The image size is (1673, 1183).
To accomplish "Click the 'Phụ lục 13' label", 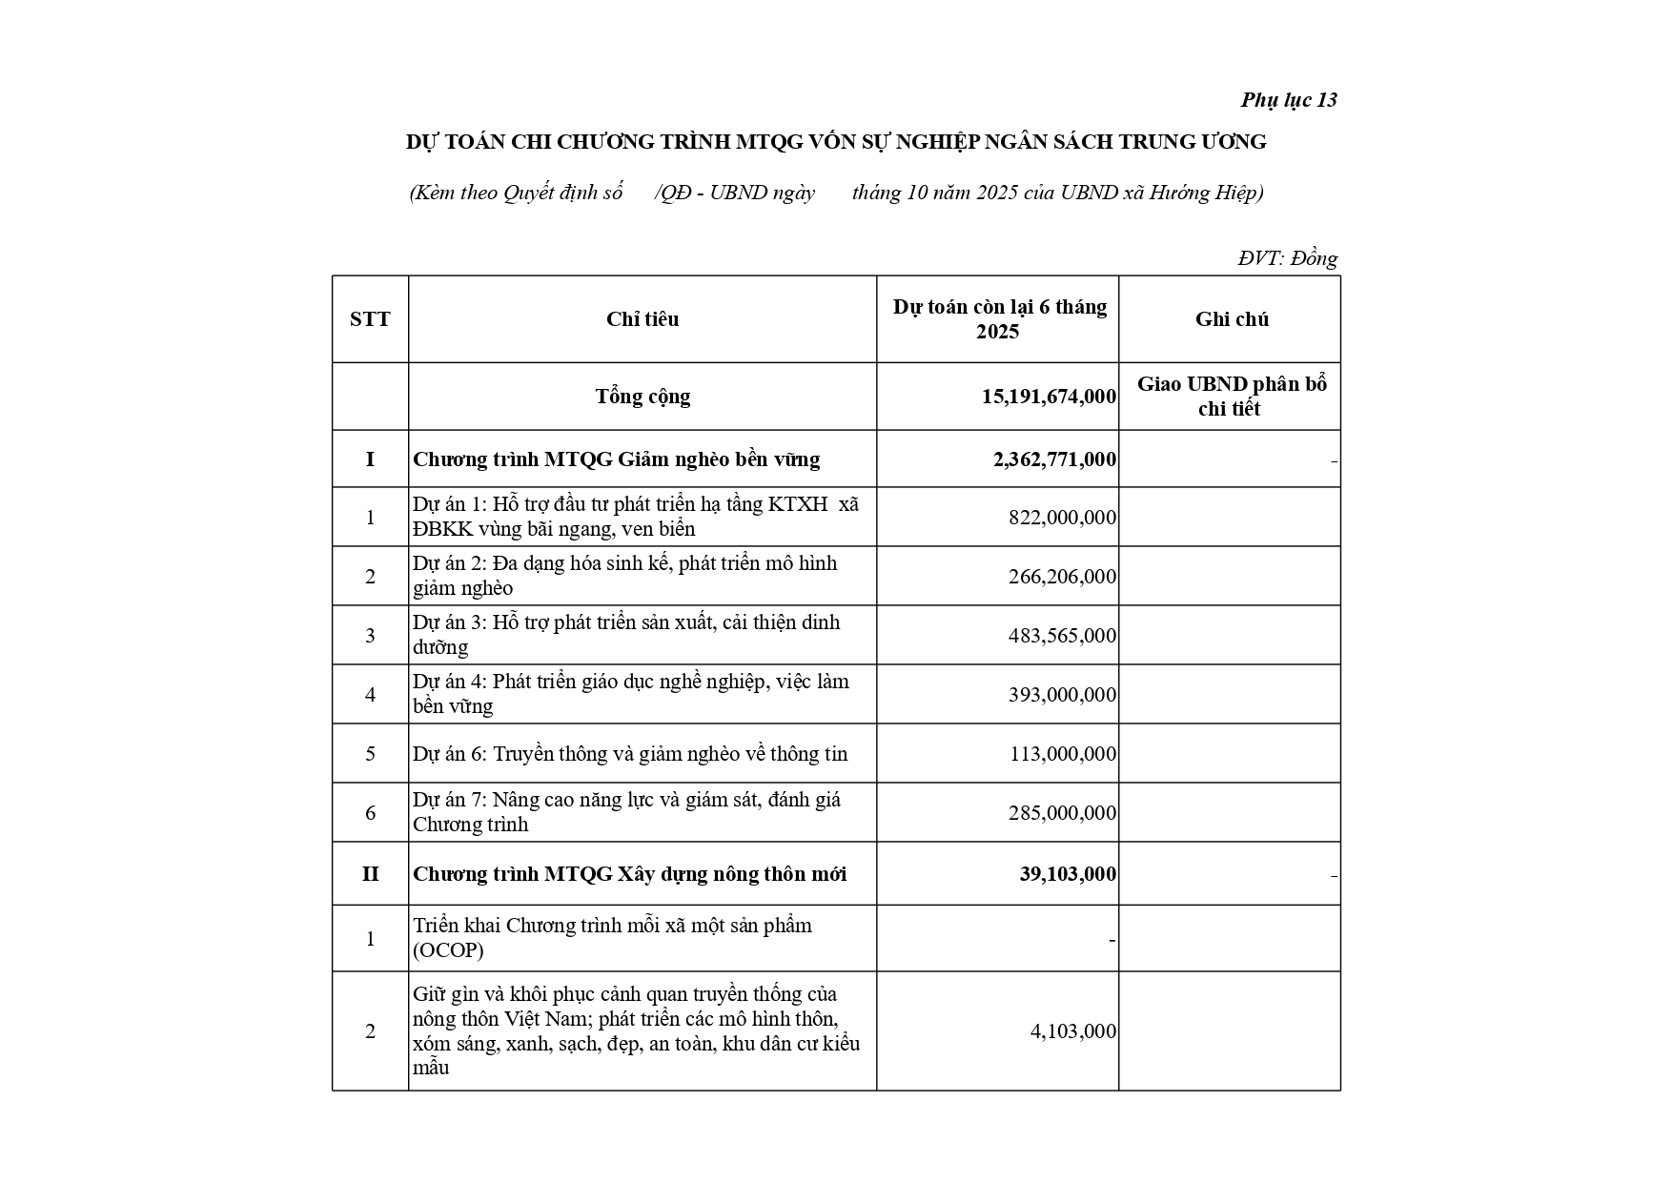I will [x=1288, y=100].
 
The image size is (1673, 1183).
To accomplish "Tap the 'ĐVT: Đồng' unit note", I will [x=1287, y=258].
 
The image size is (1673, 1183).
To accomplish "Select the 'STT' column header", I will [x=370, y=319].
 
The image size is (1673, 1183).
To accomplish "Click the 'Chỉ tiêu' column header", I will [x=643, y=319].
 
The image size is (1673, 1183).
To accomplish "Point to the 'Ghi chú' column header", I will [x=1231, y=319].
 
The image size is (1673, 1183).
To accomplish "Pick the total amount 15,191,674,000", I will [x=1049, y=397].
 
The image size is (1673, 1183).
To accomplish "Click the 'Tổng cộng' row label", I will [x=643, y=397].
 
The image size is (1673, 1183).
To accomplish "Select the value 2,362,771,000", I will [x=1054, y=459].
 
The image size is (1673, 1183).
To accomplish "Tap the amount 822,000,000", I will [x=1062, y=518].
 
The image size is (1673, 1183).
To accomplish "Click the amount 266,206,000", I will [x=1062, y=577].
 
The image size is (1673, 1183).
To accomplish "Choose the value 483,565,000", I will [x=1062, y=636].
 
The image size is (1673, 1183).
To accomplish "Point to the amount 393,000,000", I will [x=1062, y=695].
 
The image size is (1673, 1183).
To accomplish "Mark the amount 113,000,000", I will [x=1062, y=754].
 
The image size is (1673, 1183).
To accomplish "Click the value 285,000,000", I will [x=1062, y=813].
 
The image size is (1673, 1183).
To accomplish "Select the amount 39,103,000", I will [x=1068, y=874].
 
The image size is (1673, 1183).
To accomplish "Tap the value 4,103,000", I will [x=1072, y=1031].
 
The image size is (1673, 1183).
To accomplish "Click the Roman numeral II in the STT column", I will [x=370, y=874].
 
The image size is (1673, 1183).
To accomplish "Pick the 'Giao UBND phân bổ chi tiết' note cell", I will [x=1231, y=397].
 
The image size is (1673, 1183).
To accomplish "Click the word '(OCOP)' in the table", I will [x=448, y=951].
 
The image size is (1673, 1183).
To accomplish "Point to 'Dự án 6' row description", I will [x=630, y=754].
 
